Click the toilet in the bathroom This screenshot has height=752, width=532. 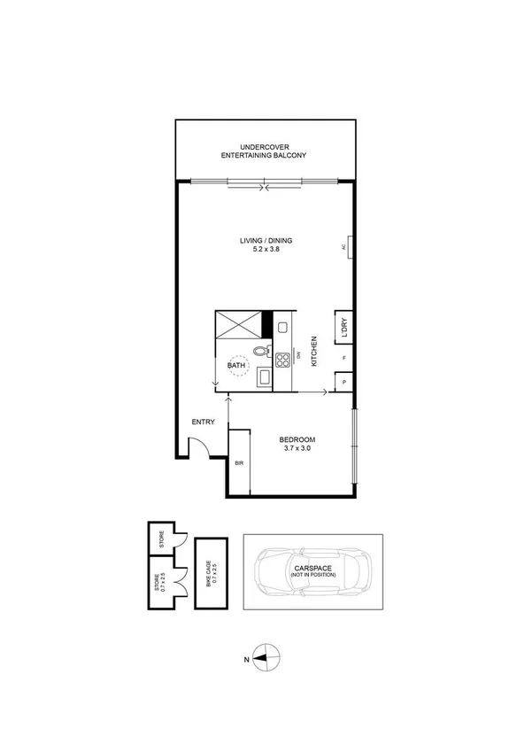(x=259, y=352)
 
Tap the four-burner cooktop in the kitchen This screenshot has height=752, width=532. (x=283, y=360)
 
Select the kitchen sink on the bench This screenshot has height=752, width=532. (x=283, y=328)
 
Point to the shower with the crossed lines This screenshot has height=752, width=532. (x=240, y=325)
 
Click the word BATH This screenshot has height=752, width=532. (x=235, y=365)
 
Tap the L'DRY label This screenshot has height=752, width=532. (x=343, y=328)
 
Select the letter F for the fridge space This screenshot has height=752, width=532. (x=344, y=359)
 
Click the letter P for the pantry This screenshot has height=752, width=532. (x=344, y=383)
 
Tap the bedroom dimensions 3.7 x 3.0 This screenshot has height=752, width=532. (x=297, y=449)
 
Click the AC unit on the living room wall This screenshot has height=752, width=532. (x=351, y=248)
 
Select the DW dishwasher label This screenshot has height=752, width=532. (x=299, y=356)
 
